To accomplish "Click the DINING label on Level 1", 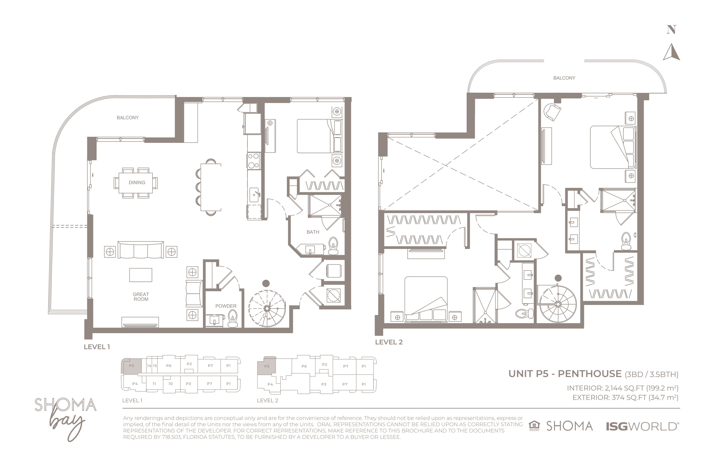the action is [137, 182].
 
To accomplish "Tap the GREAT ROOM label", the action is [141, 297].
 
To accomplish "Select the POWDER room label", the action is [226, 306].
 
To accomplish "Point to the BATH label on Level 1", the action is [313, 232].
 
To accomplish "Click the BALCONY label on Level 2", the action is [564, 78].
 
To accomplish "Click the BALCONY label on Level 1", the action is [128, 118].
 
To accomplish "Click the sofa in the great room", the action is [141, 250].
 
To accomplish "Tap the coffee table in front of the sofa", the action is [141, 275].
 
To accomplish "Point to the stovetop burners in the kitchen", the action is [254, 161].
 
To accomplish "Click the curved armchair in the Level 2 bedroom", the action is [552, 112].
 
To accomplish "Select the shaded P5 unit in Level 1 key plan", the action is [130, 366].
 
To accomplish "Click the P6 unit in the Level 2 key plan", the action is [304, 366].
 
